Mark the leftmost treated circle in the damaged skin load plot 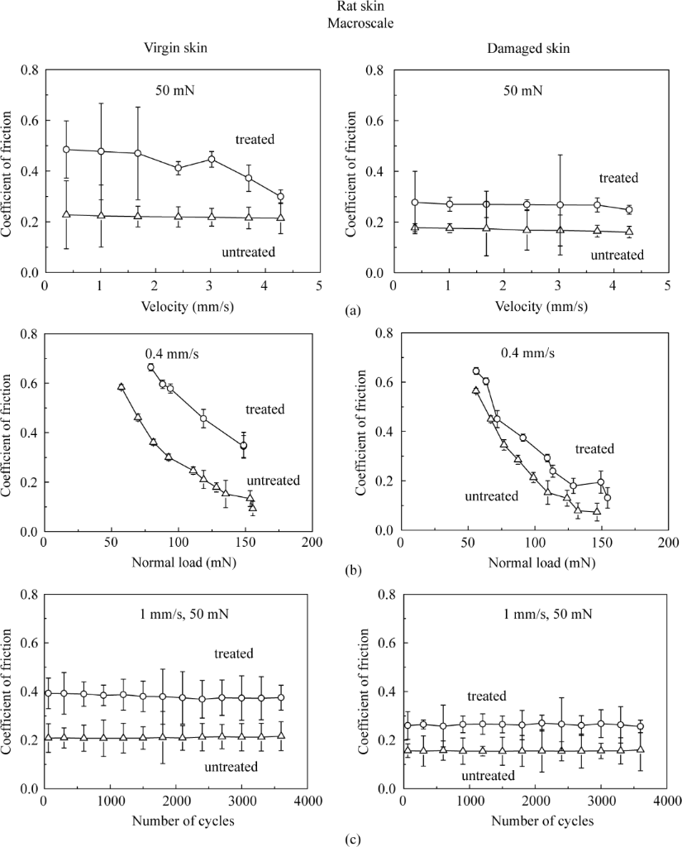(x=476, y=371)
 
